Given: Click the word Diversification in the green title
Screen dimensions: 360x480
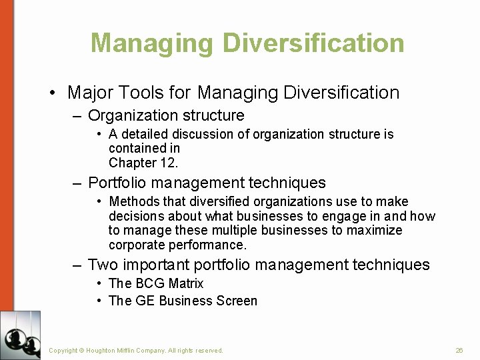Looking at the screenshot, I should coord(313,43).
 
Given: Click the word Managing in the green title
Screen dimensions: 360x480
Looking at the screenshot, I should coord(151,43).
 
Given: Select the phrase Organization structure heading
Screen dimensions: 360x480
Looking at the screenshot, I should coord(166,116).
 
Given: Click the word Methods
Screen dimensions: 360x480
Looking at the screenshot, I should coord(133,201).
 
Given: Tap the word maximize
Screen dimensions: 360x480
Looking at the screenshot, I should coord(378,231).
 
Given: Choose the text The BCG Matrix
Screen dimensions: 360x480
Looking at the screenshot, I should coord(156,283).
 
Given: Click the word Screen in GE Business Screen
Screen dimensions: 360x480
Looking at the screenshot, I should coord(237,301).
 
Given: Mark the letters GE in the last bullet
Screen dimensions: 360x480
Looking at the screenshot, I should coord(145,301).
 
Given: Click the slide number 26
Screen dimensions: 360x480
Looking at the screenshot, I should coord(459,350).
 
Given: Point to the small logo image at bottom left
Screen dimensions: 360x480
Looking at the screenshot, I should coord(20,335).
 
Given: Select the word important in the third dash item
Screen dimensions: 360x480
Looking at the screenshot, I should coord(155,265).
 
